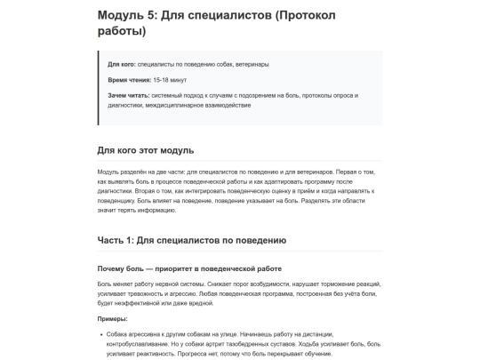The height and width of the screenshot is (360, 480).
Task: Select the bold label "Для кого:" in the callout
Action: click(124, 65)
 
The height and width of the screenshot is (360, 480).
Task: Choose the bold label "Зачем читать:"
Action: click(130, 96)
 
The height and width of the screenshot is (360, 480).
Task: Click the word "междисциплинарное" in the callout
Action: click(175, 105)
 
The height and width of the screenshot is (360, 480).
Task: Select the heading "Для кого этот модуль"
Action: click(146, 149)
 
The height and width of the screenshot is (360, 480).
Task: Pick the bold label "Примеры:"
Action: click(113, 318)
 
